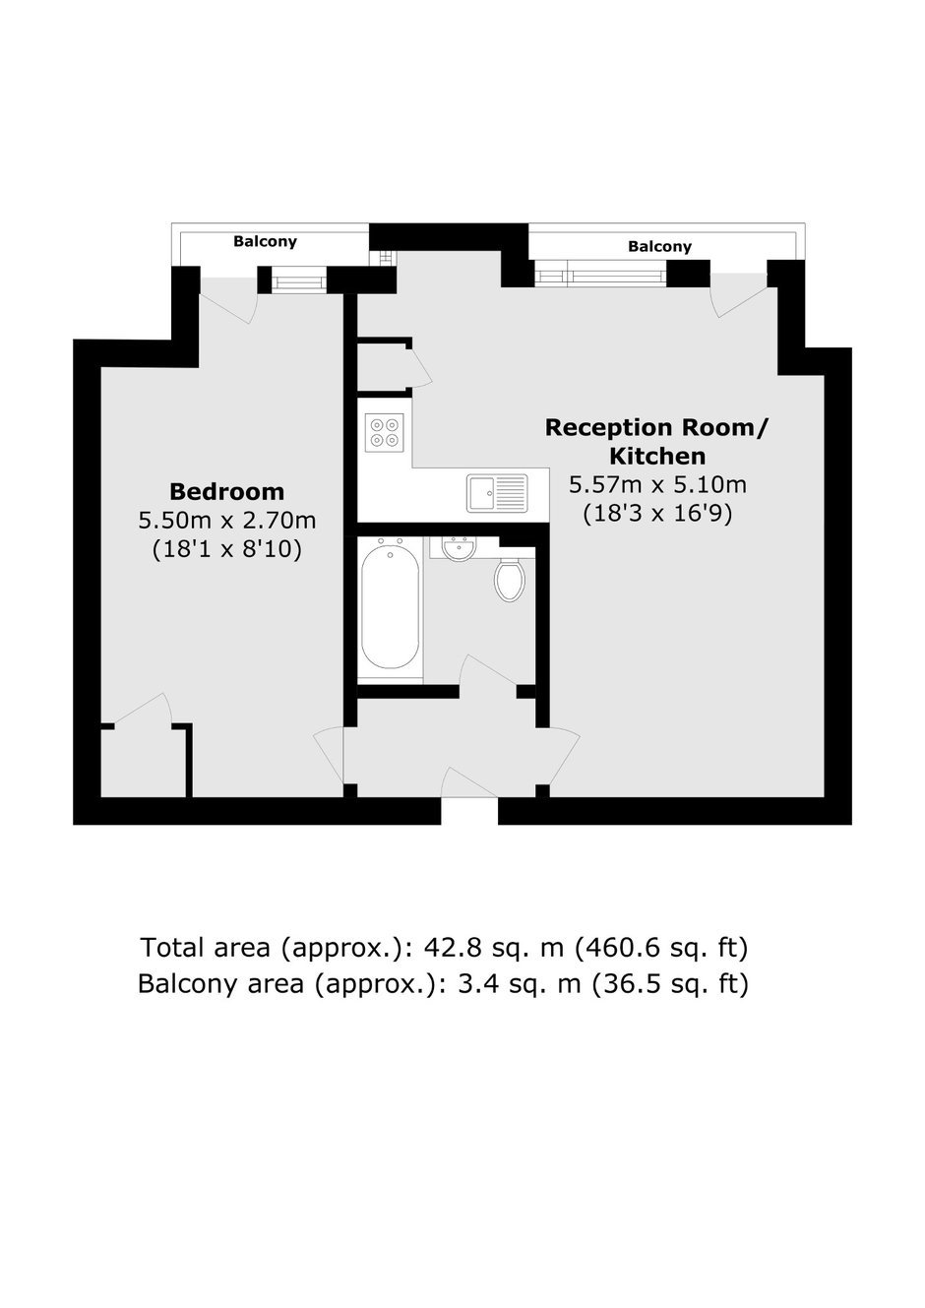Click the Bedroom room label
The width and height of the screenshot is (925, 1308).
click(x=226, y=492)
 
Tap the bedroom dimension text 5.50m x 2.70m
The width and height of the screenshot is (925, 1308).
click(x=226, y=521)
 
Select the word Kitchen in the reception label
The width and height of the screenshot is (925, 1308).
click(x=657, y=456)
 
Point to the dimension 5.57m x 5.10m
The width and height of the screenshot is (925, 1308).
click(x=657, y=484)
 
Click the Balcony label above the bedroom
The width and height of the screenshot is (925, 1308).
click(x=265, y=241)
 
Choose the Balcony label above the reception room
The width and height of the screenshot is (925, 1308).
click(x=660, y=246)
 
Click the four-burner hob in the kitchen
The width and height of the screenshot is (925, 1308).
click(x=384, y=432)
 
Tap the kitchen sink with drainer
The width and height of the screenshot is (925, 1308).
click(x=497, y=493)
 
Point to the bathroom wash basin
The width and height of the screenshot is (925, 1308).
click(x=459, y=549)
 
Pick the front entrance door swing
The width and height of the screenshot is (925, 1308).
click(x=469, y=781)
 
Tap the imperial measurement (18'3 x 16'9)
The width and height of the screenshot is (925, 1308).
click(x=657, y=514)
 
